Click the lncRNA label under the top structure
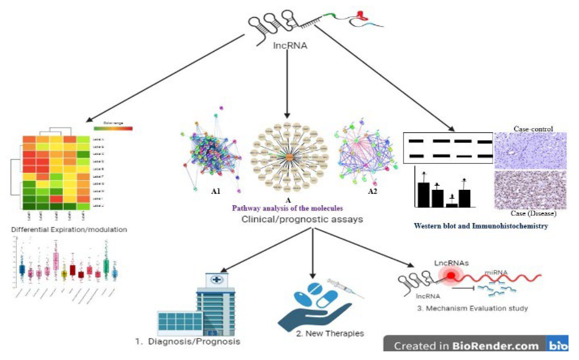(290, 46)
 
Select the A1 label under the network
(216, 191)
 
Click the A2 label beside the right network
(372, 191)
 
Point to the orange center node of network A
(289, 157)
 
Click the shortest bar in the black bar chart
(451, 205)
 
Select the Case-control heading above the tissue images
(533, 129)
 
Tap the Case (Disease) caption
(533, 213)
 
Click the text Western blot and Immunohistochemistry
(481, 226)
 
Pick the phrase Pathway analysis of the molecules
(287, 208)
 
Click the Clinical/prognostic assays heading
(302, 219)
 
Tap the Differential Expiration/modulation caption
(69, 230)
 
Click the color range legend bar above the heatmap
(113, 129)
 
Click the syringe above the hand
(345, 288)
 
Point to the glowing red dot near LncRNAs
(451, 275)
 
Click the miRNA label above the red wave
(496, 273)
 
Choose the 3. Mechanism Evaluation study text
(472, 308)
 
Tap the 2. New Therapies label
(330, 333)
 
